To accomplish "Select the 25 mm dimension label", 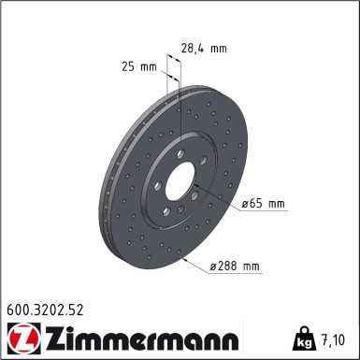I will (138, 67).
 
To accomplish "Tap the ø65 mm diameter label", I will (262, 202).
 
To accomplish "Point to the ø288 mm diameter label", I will (234, 266).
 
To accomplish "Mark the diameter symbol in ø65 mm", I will (245, 202).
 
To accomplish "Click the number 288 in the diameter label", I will (228, 266).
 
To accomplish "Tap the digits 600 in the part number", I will (16, 307).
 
